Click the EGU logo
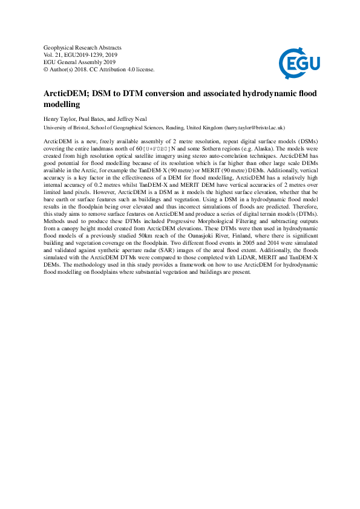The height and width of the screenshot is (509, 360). [x=298, y=60]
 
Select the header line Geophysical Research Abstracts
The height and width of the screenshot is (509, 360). [x=83, y=47]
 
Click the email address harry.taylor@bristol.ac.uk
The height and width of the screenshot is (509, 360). [x=254, y=128]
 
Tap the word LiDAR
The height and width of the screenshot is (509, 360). [x=237, y=267]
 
